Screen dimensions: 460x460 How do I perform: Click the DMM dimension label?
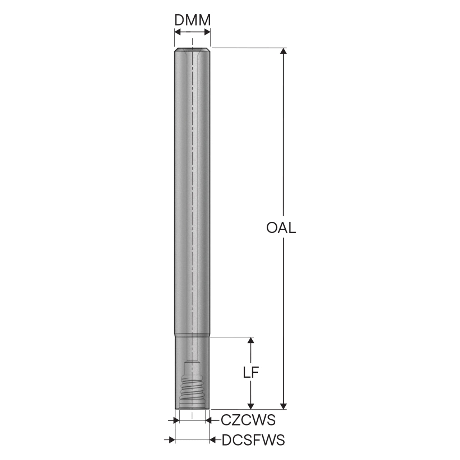point(193,20)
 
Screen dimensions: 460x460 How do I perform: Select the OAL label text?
point(281,228)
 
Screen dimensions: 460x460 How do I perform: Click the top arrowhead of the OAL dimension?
point(283,51)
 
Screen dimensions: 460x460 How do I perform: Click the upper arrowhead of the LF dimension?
point(250,340)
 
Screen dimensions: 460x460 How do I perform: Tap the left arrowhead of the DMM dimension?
point(178,32)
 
